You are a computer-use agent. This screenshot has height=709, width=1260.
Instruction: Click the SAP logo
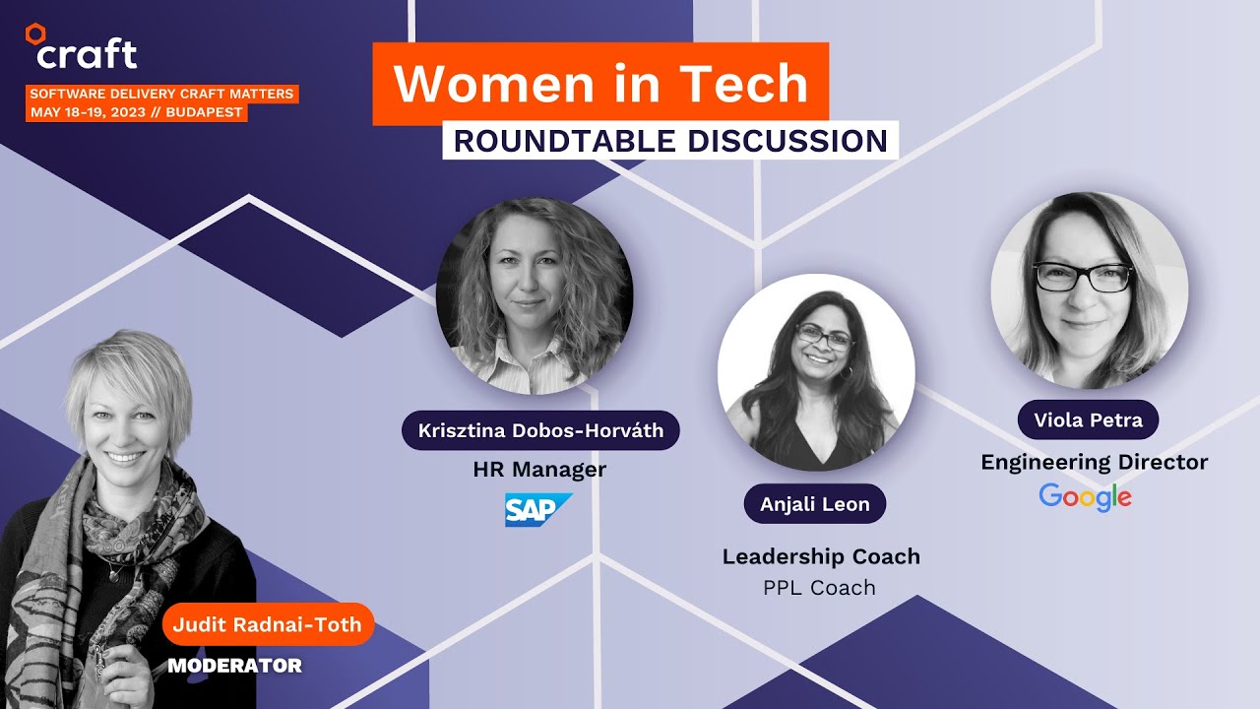point(537,509)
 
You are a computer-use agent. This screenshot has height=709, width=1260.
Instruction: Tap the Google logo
point(1085,496)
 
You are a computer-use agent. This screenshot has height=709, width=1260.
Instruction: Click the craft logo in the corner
point(81,49)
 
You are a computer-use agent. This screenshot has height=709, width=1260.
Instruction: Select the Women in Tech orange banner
point(600,84)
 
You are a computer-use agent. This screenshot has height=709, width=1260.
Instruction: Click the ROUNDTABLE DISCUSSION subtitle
point(670,140)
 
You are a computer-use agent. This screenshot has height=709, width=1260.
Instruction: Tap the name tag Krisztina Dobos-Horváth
point(540,430)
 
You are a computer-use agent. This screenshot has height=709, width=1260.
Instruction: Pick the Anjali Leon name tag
point(814,504)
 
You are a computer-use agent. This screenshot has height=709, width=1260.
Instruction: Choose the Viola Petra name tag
point(1088,420)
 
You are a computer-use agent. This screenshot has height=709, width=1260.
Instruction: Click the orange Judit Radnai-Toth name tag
point(268,624)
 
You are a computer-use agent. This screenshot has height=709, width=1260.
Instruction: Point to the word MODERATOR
point(234,666)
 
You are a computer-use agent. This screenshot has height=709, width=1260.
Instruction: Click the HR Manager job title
point(539,470)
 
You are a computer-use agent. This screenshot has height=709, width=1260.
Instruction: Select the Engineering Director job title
point(1094,462)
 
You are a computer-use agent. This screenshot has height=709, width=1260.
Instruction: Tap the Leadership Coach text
point(821,556)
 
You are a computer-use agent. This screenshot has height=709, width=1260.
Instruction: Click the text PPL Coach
point(819,588)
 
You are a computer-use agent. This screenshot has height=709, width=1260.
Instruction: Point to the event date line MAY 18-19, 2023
point(136,112)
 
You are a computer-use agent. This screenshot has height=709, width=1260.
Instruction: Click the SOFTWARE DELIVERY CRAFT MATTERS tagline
point(161,94)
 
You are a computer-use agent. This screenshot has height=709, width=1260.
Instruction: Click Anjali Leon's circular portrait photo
point(816,372)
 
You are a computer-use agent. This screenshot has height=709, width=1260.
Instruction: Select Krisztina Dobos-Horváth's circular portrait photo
point(535,295)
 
